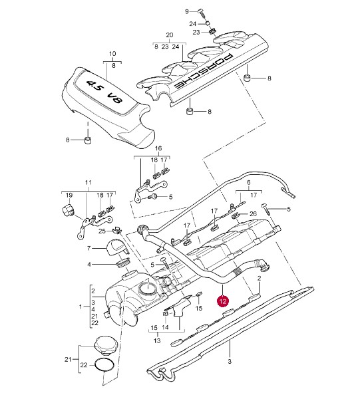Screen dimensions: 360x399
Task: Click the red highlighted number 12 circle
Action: point(223,301)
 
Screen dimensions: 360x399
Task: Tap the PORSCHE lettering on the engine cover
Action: point(203,72)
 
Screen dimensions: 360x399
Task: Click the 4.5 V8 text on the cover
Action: point(104,92)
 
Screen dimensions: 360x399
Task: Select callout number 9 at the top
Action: point(187,11)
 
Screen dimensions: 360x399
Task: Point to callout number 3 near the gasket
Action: point(230,361)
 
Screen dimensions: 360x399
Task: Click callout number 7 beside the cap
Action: point(89,248)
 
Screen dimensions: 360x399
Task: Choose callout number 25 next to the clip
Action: point(102,231)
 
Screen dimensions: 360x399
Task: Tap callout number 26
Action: point(253,213)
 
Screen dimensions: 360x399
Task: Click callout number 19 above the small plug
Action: point(69,195)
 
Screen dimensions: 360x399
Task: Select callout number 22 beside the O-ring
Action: point(84,365)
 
